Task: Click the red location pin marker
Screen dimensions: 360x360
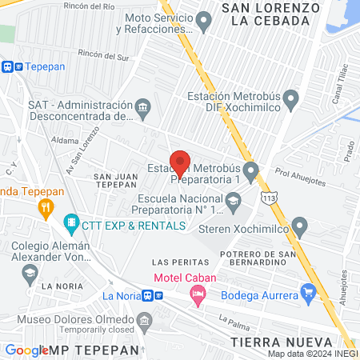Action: coord(180,162)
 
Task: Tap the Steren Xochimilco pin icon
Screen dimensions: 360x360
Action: coord(300,226)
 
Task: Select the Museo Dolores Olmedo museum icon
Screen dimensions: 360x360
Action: coord(144,322)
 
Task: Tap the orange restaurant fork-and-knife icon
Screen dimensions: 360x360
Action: coord(46,209)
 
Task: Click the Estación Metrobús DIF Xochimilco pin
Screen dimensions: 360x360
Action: coord(291,100)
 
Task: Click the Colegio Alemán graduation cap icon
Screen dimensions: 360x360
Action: coord(29,272)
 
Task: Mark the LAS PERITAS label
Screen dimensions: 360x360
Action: coord(174,262)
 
